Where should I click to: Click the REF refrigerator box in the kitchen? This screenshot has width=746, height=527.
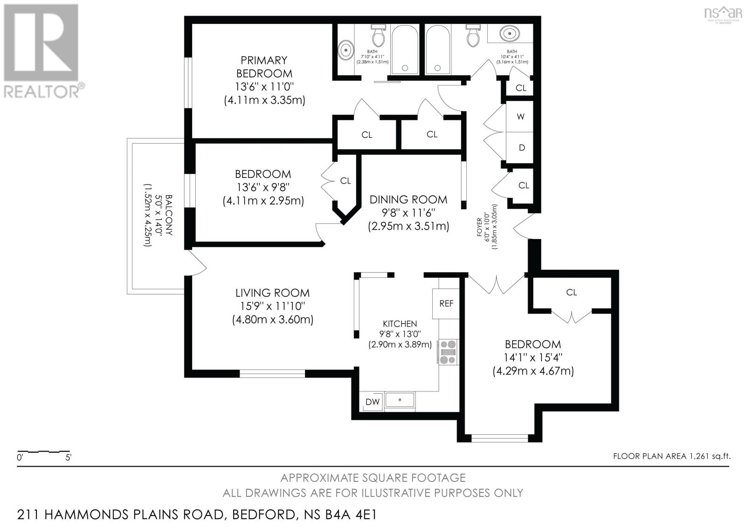[446, 303]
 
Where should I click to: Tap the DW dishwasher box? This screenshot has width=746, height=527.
[372, 402]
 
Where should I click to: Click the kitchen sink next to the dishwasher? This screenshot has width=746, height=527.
[399, 400]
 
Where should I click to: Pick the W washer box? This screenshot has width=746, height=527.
[521, 116]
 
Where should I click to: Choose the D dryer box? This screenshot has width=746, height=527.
[522, 148]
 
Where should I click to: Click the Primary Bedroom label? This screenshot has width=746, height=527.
[264, 67]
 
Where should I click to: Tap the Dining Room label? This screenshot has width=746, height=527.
[408, 199]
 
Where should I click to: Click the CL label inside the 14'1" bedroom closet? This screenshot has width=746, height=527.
[572, 292]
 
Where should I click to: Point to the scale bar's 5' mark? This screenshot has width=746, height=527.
[69, 458]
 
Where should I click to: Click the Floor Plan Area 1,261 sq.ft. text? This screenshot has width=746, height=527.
[671, 456]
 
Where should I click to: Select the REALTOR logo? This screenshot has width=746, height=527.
[42, 51]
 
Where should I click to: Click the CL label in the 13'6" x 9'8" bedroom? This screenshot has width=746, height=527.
[345, 181]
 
